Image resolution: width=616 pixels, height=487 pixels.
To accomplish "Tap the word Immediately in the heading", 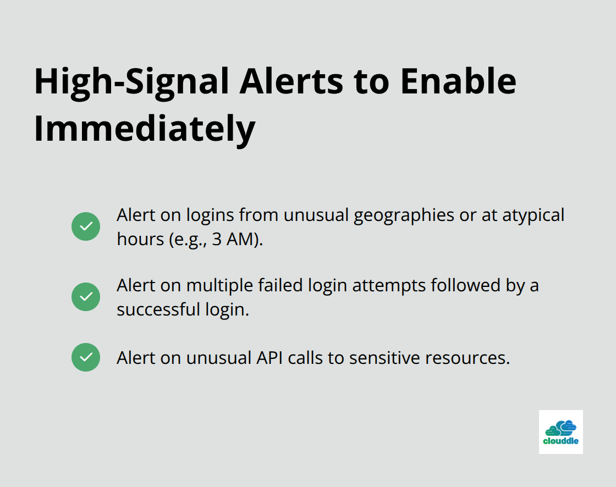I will tap(144, 129).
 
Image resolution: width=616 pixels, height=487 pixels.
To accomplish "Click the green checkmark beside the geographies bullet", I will tap(86, 226).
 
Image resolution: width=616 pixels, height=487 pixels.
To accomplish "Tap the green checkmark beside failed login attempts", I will tap(86, 297).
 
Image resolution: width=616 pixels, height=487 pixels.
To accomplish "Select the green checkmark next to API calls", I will tap(86, 357).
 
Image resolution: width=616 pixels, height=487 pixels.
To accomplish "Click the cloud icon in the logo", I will tap(561, 427).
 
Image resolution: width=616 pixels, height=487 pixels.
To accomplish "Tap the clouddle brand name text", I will tap(560, 441).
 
